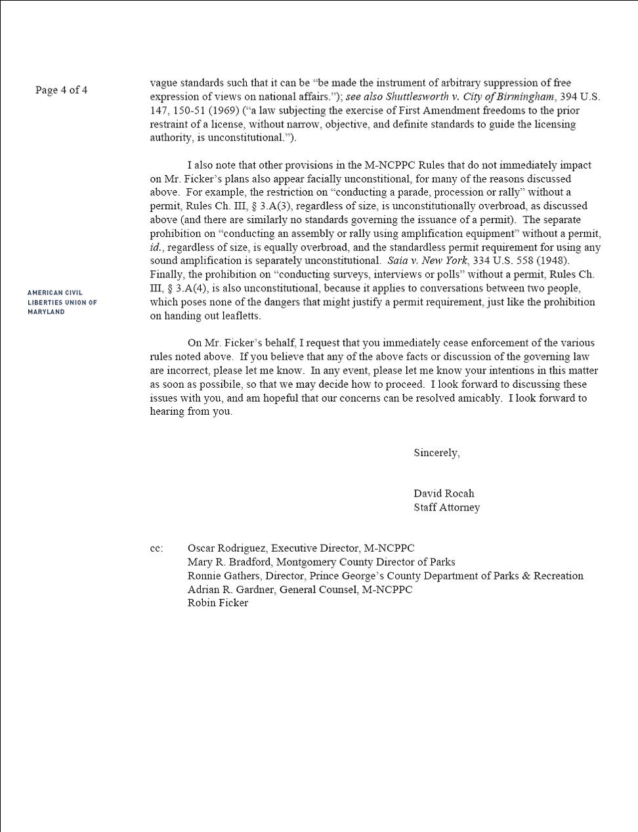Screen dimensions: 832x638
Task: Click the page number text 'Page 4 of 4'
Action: [x=61, y=90]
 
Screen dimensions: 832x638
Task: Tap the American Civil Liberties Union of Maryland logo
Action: [x=62, y=302]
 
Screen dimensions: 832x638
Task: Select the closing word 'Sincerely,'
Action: [x=436, y=453]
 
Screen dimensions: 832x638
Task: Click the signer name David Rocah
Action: [x=444, y=493]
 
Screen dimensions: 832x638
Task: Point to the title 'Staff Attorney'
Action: [x=446, y=507]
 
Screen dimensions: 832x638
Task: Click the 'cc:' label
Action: [x=156, y=549]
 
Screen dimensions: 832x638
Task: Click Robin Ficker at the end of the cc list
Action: [x=217, y=603]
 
